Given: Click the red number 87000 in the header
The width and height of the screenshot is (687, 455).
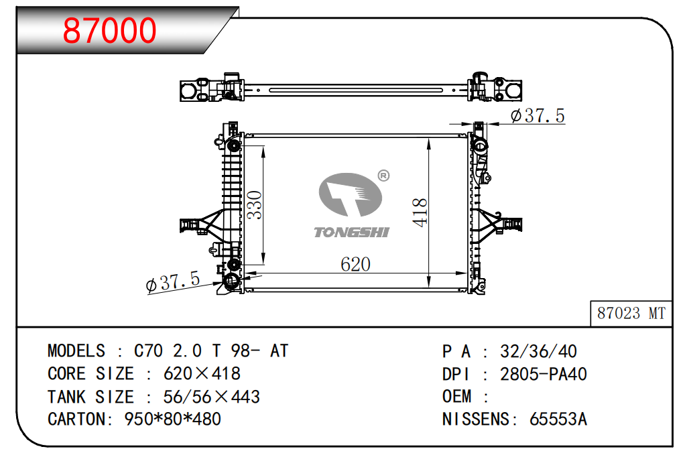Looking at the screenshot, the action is click(109, 30).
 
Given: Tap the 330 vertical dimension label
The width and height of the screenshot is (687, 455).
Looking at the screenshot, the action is click(254, 205).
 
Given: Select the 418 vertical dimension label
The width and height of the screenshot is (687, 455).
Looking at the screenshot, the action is click(420, 212).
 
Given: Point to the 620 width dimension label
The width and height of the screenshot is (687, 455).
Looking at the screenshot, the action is click(355, 264).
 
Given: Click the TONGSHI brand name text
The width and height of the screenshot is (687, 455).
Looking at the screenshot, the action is click(351, 232).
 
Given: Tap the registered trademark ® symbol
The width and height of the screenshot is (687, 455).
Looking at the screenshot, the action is click(383, 176).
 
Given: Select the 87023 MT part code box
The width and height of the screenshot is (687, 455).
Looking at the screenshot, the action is click(631, 313).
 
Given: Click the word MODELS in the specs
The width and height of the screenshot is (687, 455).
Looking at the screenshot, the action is click(76, 350).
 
